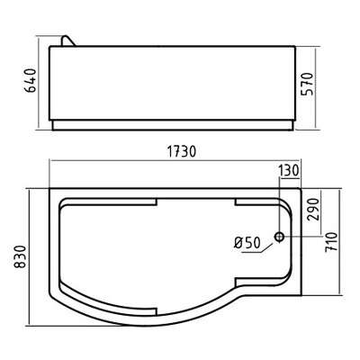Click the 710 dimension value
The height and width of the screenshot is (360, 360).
pos(334,241)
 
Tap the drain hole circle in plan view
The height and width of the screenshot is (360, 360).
pos(280,238)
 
